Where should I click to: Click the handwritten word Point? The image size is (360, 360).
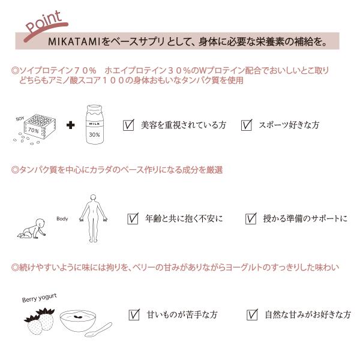(44, 22)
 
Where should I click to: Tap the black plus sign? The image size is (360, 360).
(70, 125)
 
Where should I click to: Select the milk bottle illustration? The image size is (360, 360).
(94, 124)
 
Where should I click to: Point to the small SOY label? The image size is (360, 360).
(20, 119)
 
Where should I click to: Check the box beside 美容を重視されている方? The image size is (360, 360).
(128, 125)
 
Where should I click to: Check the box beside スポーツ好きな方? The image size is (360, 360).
(247, 125)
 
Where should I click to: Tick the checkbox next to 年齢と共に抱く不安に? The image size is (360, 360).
(133, 218)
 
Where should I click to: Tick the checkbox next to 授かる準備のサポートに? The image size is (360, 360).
(251, 218)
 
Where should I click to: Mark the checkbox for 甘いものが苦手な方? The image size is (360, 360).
(134, 314)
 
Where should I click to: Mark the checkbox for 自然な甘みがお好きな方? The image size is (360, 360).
(252, 314)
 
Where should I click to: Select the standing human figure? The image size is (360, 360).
(93, 218)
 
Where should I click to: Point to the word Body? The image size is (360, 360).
(62, 218)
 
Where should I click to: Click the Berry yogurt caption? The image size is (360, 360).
(39, 298)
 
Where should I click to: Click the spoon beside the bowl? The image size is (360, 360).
(99, 330)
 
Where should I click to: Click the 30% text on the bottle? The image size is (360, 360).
(94, 134)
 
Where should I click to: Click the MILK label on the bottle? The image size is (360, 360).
(94, 124)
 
